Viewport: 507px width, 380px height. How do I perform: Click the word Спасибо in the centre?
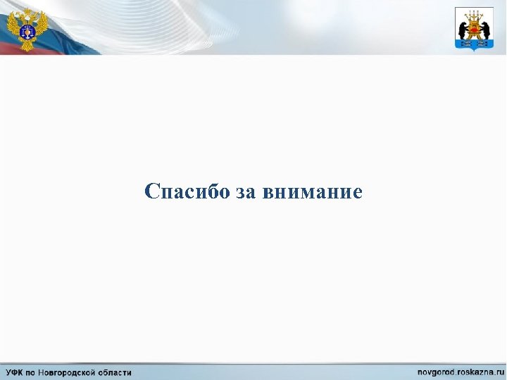pyautogui.click(x=187, y=191)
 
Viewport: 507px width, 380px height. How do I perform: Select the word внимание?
pyautogui.click(x=312, y=192)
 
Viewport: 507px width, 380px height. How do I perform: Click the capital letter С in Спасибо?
pyautogui.click(x=151, y=191)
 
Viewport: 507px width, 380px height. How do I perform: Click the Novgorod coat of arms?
pyautogui.click(x=474, y=28)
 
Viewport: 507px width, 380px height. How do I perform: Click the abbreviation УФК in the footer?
pyautogui.click(x=15, y=372)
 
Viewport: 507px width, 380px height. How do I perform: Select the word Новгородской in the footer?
pyautogui.click(x=70, y=372)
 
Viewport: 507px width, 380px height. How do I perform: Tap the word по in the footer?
pyautogui.click(x=33, y=372)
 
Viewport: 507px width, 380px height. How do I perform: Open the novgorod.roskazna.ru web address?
pyautogui.click(x=461, y=372)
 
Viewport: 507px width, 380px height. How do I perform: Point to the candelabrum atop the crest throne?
pyautogui.click(x=474, y=14)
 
